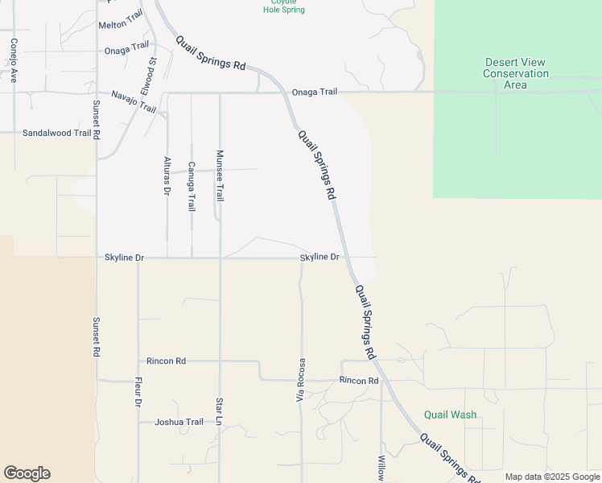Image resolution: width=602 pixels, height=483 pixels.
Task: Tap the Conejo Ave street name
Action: [x=14, y=60]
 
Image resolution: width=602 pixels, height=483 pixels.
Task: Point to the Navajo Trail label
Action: [x=134, y=101]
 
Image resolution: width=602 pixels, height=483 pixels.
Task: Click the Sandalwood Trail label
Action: [x=56, y=133]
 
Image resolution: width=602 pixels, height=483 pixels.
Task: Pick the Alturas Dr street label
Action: [x=167, y=175]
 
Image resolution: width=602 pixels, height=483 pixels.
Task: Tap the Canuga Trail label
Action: [x=192, y=187]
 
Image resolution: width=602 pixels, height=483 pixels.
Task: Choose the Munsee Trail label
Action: [x=219, y=175]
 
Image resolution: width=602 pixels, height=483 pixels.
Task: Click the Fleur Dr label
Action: [x=138, y=392]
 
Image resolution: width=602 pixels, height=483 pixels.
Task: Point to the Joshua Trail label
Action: [x=179, y=422]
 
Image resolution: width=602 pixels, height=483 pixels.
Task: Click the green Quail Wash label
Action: [x=450, y=415]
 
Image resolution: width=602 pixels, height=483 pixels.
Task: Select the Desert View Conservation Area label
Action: [x=515, y=73]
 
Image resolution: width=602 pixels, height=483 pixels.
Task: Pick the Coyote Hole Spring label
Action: [x=284, y=6]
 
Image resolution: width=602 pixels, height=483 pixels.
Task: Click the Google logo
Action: [x=27, y=473]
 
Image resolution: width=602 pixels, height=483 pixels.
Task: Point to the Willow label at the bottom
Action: [x=381, y=469]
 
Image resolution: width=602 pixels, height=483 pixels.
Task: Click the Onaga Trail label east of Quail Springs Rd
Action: [x=315, y=92]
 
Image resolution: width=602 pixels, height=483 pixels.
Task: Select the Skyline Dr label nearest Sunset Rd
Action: [x=124, y=258]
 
